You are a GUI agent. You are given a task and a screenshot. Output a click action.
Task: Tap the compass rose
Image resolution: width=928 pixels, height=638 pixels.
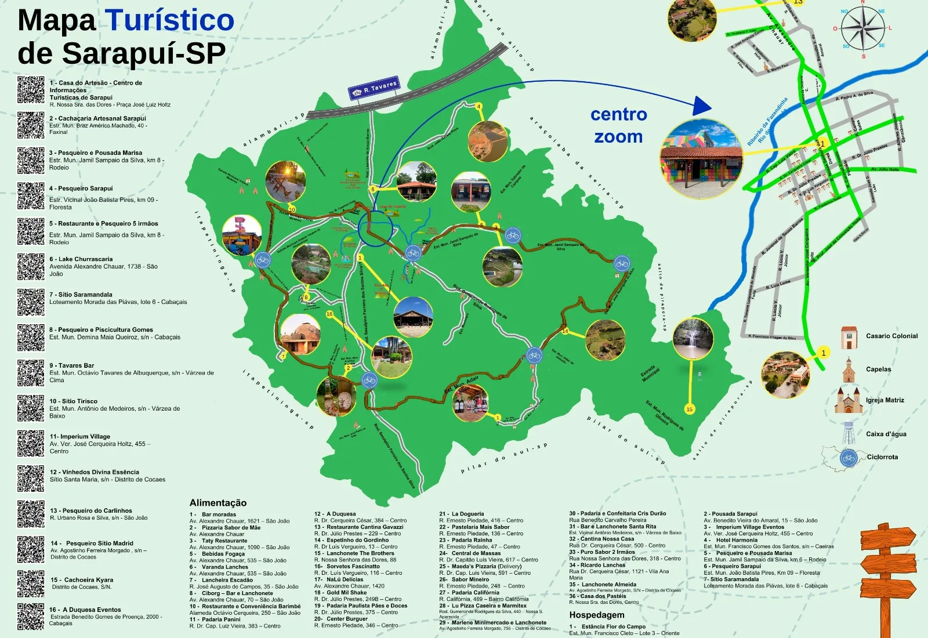863,30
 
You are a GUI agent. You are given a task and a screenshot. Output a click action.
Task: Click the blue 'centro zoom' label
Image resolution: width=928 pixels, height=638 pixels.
618,125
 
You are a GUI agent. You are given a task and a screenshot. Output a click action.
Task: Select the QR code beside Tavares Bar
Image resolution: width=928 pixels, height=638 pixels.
31,372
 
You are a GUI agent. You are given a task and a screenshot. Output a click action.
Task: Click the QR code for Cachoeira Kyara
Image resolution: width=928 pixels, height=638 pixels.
31,583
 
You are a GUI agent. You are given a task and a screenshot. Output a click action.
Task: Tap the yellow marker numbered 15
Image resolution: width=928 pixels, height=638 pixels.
689,409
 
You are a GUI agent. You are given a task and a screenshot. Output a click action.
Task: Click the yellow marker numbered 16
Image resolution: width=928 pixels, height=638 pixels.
329,314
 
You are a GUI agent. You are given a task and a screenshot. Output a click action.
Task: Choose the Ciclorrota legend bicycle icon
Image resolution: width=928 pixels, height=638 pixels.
849,458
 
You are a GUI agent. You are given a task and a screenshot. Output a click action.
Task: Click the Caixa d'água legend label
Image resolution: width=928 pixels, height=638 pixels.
886,434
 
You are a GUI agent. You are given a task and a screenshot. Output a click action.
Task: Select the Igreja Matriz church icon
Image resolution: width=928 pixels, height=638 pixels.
848,400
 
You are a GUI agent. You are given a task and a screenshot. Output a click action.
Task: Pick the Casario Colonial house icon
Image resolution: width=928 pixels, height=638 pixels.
849,337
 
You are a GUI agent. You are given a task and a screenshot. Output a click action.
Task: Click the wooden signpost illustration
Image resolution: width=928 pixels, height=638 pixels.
887,574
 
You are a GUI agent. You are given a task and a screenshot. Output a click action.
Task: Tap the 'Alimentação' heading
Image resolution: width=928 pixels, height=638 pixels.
218,503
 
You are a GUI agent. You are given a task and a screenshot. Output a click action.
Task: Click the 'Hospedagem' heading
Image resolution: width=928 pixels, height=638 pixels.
597,615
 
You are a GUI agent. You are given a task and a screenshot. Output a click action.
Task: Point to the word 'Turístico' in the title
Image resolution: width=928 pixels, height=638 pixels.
170,21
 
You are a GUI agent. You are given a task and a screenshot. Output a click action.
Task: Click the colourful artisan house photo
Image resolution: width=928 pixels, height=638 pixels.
701,158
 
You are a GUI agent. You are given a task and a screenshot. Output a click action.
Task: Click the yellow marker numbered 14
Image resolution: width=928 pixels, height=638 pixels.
564,331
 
